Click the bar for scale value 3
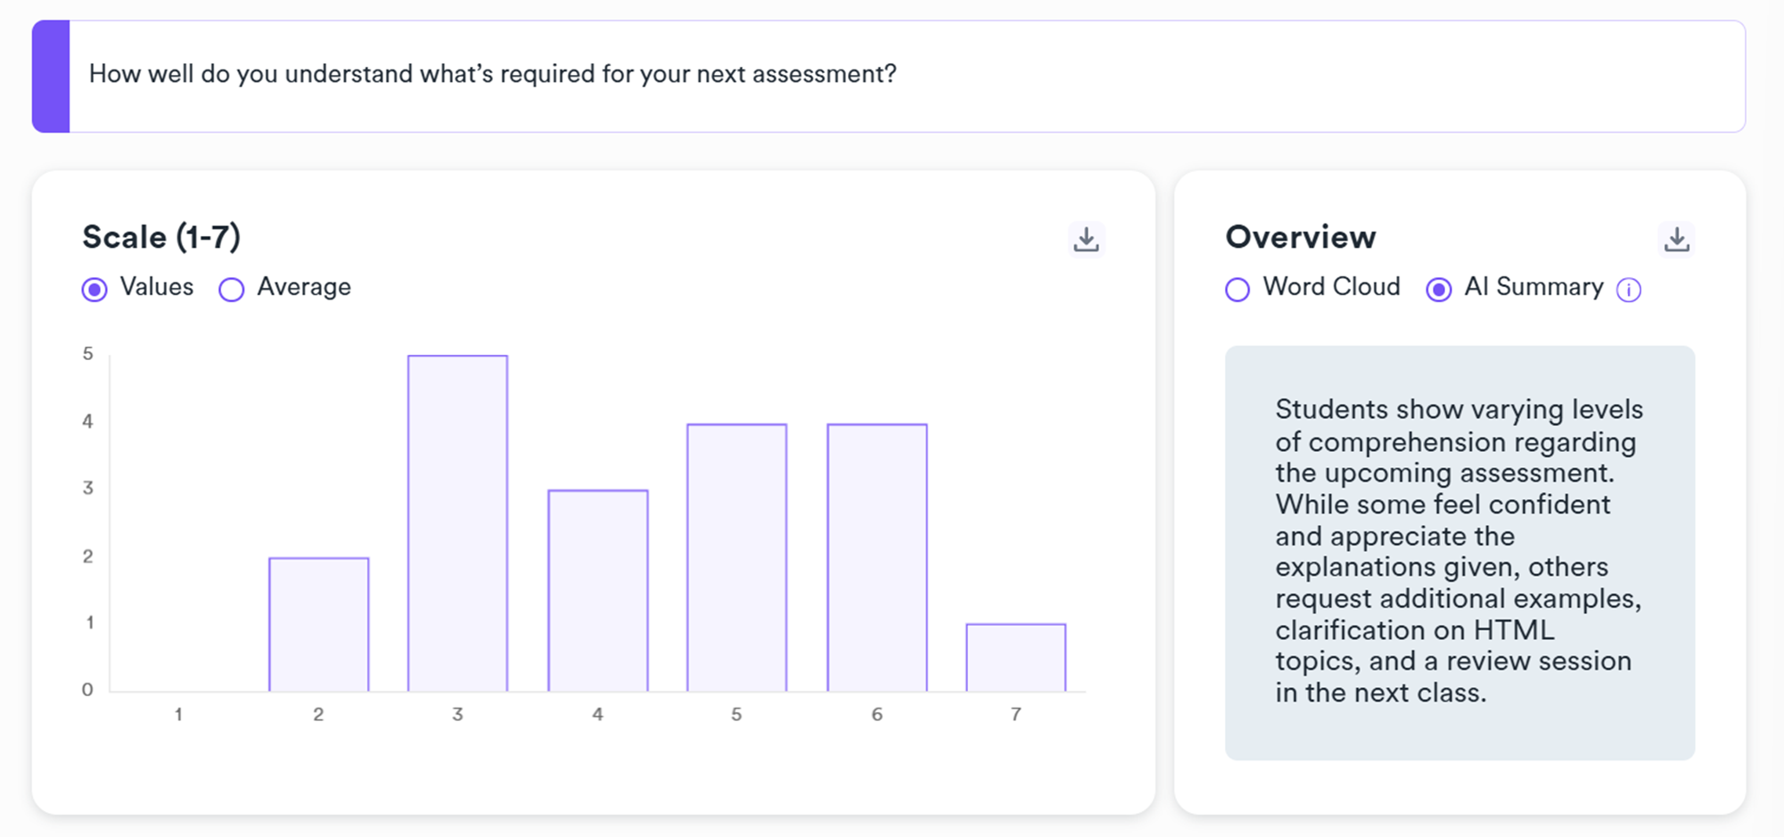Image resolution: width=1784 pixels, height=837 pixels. click(x=457, y=523)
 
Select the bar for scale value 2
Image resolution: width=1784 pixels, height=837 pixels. click(x=318, y=624)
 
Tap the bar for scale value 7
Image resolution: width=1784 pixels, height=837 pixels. click(x=1015, y=657)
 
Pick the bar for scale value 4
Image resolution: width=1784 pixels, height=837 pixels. click(x=597, y=590)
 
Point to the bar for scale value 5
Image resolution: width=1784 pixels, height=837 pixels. click(x=736, y=557)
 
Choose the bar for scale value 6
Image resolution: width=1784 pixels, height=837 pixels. click(x=876, y=557)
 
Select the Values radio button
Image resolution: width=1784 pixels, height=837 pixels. click(x=95, y=290)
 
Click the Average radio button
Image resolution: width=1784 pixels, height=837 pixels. click(x=232, y=290)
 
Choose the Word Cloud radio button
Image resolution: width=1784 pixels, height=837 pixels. click(x=1237, y=290)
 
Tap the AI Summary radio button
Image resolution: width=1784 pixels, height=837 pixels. click(x=1438, y=290)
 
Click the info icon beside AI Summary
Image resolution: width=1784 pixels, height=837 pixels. click(x=1629, y=290)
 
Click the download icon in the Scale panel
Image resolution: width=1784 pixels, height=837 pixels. click(x=1086, y=239)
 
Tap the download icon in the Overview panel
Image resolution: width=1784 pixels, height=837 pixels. click(x=1676, y=239)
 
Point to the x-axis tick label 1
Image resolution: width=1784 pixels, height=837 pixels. click(x=178, y=714)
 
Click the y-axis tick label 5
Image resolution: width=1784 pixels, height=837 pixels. click(x=87, y=354)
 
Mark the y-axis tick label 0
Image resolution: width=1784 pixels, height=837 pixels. click(x=87, y=689)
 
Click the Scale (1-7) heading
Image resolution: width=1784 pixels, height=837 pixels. click(x=161, y=237)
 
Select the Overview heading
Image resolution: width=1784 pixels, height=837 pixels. click(x=1300, y=237)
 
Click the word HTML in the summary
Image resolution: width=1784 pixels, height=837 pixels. click(x=1513, y=630)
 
